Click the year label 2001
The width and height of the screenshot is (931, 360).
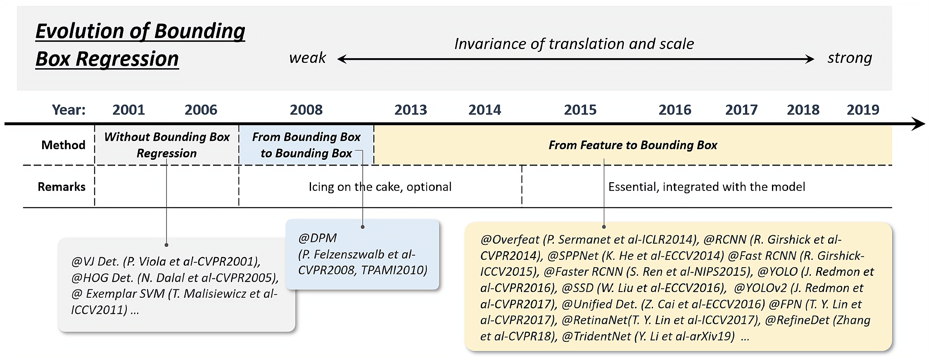point(128,110)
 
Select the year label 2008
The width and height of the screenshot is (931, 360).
point(306,110)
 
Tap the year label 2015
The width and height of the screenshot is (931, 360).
point(580,110)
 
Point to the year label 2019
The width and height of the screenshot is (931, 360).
point(863,110)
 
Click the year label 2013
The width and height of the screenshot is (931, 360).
point(411,110)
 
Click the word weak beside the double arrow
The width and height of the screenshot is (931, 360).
point(308,58)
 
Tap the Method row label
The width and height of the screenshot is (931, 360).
point(63,145)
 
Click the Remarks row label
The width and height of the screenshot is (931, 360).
point(62,187)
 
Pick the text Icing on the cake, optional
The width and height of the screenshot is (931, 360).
point(380,187)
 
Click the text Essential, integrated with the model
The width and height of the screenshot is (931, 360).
point(707,187)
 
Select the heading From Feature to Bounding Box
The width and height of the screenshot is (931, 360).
point(633,145)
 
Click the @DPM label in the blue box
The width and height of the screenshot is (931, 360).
point(317,238)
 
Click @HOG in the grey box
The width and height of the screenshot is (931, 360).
point(84,278)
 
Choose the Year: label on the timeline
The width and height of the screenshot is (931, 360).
point(69,110)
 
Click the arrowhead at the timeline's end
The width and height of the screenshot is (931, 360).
point(919,124)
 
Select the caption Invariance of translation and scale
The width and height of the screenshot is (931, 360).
point(574,44)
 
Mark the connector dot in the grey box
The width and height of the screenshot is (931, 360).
point(166,245)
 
